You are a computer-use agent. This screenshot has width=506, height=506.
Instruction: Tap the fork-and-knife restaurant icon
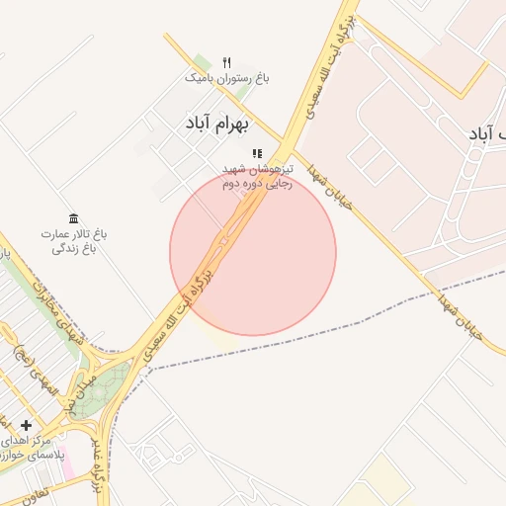[226, 63]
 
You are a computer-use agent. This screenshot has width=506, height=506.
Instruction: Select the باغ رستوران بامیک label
[227, 77]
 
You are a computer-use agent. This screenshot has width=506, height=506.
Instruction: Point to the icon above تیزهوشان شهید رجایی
[257, 154]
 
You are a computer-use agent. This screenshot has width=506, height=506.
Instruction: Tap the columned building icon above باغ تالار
[73, 218]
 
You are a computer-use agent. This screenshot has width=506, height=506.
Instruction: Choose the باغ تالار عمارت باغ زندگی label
[73, 242]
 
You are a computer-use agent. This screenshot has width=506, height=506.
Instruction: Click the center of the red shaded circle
[253, 252]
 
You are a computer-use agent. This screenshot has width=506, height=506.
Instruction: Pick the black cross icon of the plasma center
[26, 425]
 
